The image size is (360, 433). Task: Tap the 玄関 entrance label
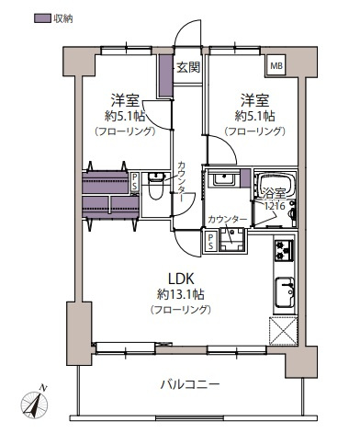(x=188, y=67)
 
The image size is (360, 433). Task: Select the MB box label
(x=276, y=66)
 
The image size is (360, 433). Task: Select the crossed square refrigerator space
(x=281, y=329)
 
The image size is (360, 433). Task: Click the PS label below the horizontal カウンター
(x=210, y=240)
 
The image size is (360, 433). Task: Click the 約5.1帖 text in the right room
(x=254, y=117)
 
